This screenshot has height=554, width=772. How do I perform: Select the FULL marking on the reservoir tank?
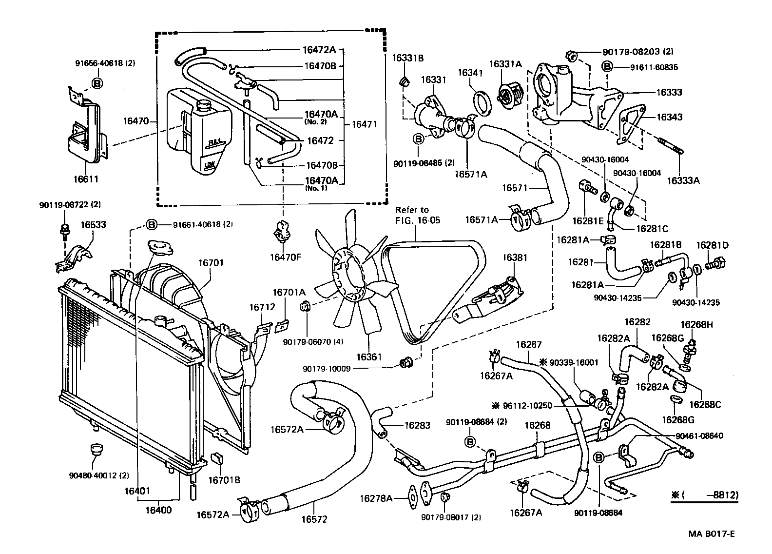click(214, 142)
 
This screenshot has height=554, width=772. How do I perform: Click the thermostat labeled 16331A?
click(507, 92)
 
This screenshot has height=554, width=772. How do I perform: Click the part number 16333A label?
click(683, 179)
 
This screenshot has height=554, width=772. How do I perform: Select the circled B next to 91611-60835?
click(607, 66)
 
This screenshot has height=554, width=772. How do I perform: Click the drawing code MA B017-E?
click(711, 534)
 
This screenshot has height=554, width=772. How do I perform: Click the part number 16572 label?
click(314, 519)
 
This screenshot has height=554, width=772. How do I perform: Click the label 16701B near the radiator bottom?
click(224, 479)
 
